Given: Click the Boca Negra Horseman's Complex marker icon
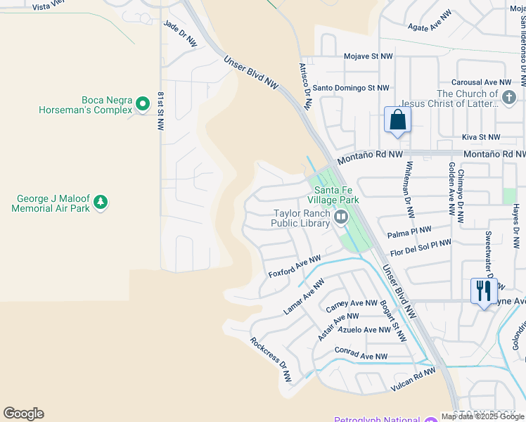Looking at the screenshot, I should [143, 104].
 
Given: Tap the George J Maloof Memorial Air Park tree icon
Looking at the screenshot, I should [101, 203].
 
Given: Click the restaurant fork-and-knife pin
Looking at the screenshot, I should [483, 290].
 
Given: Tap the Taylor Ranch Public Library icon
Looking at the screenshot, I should [341, 217].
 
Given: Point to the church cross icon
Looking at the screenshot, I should [509, 95].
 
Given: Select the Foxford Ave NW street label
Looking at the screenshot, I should [294, 266].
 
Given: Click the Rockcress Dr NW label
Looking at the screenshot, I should [270, 359].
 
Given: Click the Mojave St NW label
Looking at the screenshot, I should [366, 56].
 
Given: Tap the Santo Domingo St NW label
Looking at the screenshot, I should [350, 88].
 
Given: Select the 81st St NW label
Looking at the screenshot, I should [161, 110].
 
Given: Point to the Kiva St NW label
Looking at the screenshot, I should [481, 137].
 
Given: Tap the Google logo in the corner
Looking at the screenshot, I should [23, 414].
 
